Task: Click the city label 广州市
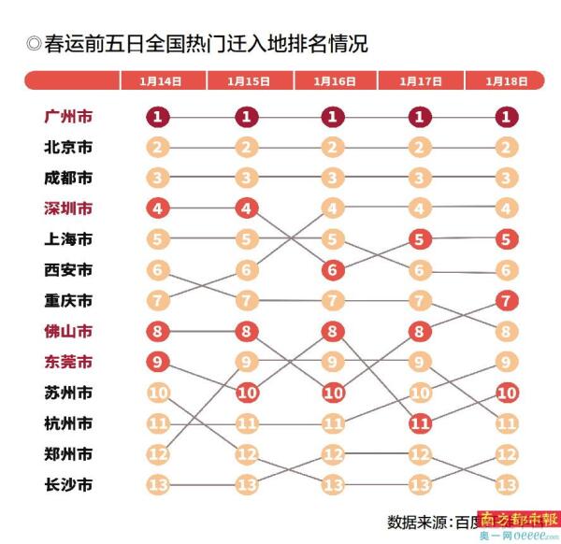click(68, 117)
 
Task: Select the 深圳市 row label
click(68, 208)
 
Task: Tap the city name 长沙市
click(68, 485)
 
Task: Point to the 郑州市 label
click(68, 454)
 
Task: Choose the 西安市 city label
click(68, 270)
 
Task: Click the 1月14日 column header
click(159, 81)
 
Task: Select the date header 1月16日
click(333, 81)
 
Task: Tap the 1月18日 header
click(506, 81)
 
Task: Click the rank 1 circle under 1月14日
click(159, 117)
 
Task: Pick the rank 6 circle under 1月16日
click(333, 270)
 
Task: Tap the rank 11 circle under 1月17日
click(420, 423)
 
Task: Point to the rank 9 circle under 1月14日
click(159, 362)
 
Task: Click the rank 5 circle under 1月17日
click(420, 239)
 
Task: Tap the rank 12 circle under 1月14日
click(159, 454)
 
